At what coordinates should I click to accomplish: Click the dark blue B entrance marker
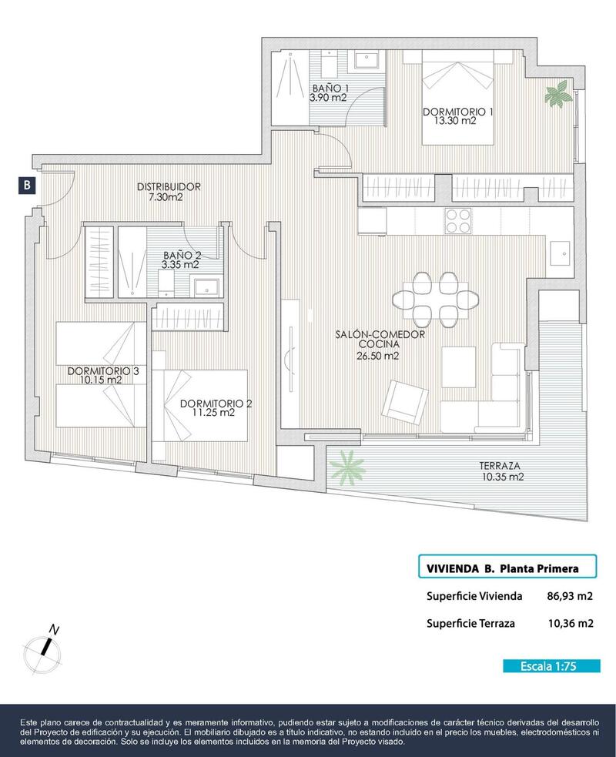click(x=27, y=185)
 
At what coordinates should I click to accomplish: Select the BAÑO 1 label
click(x=330, y=89)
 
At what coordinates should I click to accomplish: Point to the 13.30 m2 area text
click(x=455, y=121)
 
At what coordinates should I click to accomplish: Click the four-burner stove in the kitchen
click(x=457, y=220)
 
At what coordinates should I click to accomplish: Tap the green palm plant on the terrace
click(x=347, y=467)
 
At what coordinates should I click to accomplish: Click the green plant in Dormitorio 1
click(x=559, y=94)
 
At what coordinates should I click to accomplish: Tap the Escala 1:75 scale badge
click(x=551, y=666)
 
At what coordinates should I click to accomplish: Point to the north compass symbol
click(x=43, y=650)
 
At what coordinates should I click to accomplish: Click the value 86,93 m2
click(x=570, y=596)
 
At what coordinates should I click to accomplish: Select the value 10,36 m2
click(x=571, y=623)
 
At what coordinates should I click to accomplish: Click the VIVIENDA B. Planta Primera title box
click(x=507, y=566)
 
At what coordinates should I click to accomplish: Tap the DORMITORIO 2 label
click(x=216, y=404)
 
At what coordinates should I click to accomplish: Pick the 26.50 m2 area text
click(x=381, y=357)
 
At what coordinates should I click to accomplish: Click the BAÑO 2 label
click(x=182, y=256)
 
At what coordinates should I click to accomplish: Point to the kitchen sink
click(x=562, y=253)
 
